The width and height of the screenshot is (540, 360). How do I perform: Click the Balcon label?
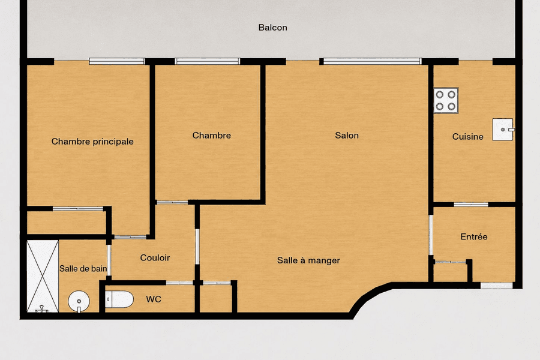(273, 28)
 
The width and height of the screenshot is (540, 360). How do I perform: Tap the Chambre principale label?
(92, 142)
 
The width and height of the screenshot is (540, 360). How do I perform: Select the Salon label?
(347, 136)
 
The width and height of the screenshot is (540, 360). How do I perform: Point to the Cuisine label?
(467, 137)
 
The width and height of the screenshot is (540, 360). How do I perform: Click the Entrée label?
(474, 236)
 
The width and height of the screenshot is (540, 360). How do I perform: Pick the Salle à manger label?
(308, 260)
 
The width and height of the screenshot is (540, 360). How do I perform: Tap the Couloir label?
(155, 257)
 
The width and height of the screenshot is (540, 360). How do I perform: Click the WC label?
(154, 299)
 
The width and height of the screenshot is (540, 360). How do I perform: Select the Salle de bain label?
(83, 269)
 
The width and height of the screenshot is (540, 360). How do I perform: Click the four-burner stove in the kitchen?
(446, 100)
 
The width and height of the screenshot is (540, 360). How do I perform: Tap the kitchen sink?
(503, 130)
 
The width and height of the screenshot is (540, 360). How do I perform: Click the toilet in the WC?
(119, 299)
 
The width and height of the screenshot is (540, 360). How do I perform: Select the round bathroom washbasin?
(79, 301)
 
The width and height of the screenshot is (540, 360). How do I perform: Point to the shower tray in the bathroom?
(43, 276)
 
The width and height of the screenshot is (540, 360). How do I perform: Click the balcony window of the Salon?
(373, 61)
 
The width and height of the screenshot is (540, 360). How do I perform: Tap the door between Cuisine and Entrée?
(471, 205)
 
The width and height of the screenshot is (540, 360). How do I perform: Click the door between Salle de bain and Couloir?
(109, 260)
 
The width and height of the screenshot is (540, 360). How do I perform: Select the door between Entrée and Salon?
(430, 235)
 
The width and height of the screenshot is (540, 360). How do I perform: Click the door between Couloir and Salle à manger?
(197, 247)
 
